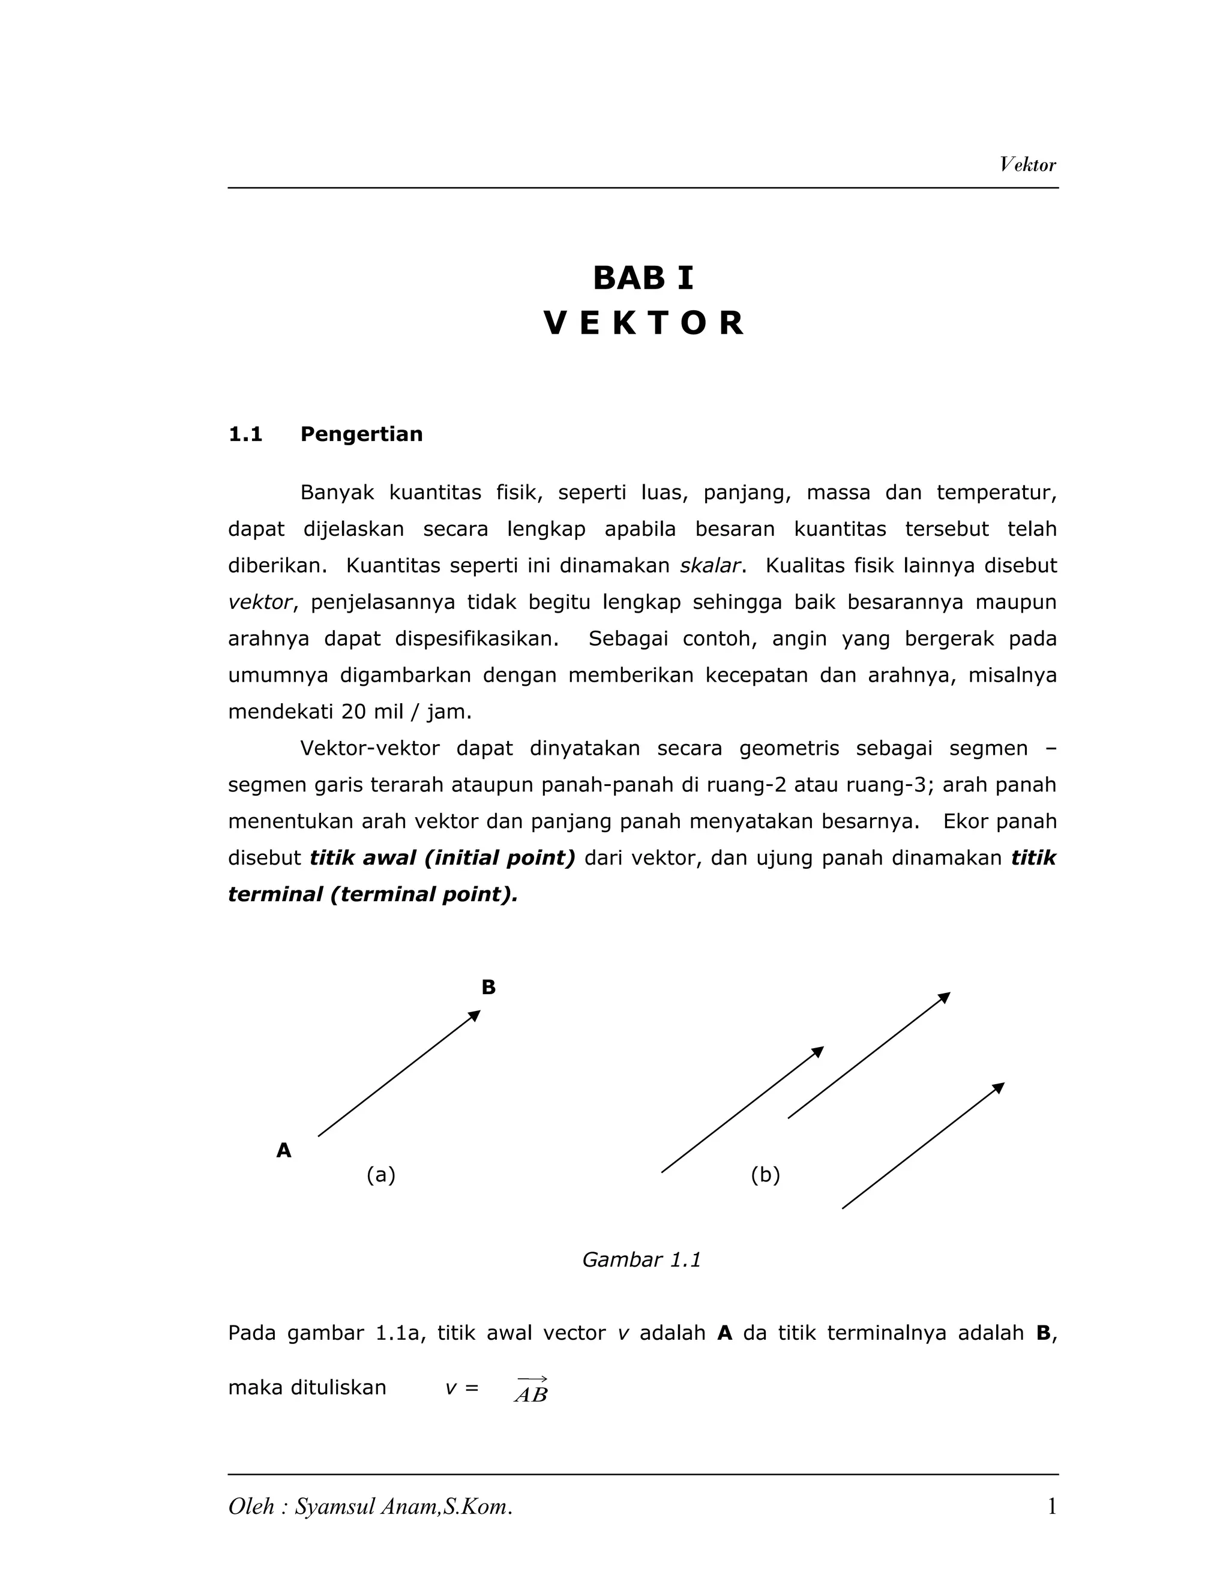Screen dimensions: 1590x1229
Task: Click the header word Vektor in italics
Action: (1027, 164)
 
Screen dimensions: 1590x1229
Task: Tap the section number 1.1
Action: (245, 434)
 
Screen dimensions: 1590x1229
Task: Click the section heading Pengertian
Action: (361, 434)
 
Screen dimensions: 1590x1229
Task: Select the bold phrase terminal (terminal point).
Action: (373, 894)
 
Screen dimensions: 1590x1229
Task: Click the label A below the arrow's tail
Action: (284, 1150)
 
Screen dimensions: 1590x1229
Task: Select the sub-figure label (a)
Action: (381, 1174)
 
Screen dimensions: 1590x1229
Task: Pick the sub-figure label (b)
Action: (765, 1174)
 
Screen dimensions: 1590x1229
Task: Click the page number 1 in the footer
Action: (1051, 1507)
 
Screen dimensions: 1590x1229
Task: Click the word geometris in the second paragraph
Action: (789, 748)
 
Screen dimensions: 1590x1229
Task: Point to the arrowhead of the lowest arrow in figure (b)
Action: (999, 1087)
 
